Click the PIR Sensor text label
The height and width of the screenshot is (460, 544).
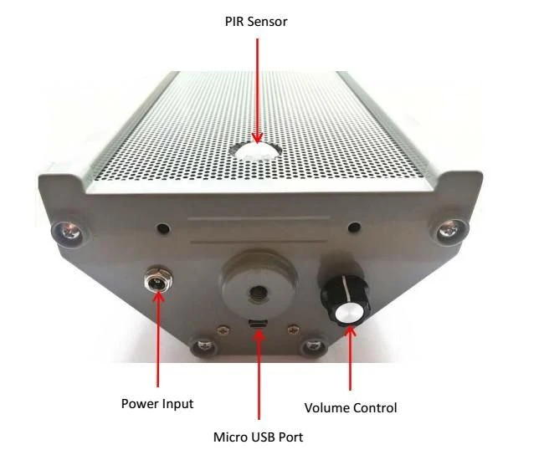pyautogui.click(x=256, y=22)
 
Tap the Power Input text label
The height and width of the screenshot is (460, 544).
pyautogui.click(x=157, y=404)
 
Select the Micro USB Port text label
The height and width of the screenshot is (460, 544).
pyautogui.click(x=258, y=437)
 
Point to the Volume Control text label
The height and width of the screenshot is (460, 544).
pyautogui.click(x=351, y=407)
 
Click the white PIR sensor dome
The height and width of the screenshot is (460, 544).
pyautogui.click(x=256, y=151)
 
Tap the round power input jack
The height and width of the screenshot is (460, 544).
pyautogui.click(x=158, y=280)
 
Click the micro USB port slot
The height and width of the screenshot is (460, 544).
pyautogui.click(x=258, y=324)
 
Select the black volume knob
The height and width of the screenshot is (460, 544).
pyautogui.click(x=345, y=299)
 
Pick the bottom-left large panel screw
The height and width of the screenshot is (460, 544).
pyautogui.click(x=204, y=345)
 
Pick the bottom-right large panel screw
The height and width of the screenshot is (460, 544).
pyautogui.click(x=314, y=346)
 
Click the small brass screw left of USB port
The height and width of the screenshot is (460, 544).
pyautogui.click(x=223, y=330)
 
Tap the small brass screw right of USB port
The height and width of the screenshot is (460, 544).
pyautogui.click(x=294, y=329)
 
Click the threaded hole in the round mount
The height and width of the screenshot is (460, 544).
pyautogui.click(x=257, y=292)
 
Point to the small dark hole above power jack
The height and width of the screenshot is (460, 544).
pyautogui.click(x=163, y=228)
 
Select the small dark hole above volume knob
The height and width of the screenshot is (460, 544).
pyautogui.click(x=354, y=227)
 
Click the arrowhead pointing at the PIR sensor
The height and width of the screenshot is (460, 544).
pyautogui.click(x=257, y=138)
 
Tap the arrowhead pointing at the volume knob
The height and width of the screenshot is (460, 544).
pyautogui.click(x=351, y=332)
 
